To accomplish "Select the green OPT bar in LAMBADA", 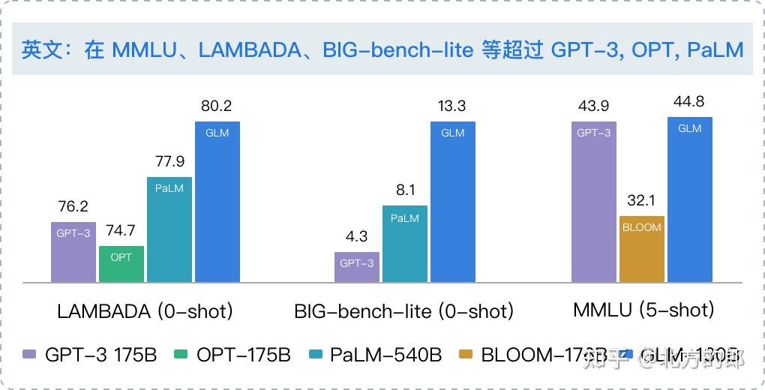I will pos(121,263).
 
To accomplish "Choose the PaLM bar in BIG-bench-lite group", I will pos(405,244).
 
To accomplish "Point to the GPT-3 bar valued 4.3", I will pos(357,267).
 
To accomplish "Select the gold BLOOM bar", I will pos(642,248).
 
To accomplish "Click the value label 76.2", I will pos(73,205).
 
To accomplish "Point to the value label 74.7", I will pos(121,230).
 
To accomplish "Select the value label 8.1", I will pos(405,190).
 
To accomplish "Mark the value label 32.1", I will pos(642,200).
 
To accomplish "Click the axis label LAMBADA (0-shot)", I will pos(145,310).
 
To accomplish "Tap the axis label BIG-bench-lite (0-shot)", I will pos(404,310).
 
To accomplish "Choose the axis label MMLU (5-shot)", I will pos(642,309).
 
